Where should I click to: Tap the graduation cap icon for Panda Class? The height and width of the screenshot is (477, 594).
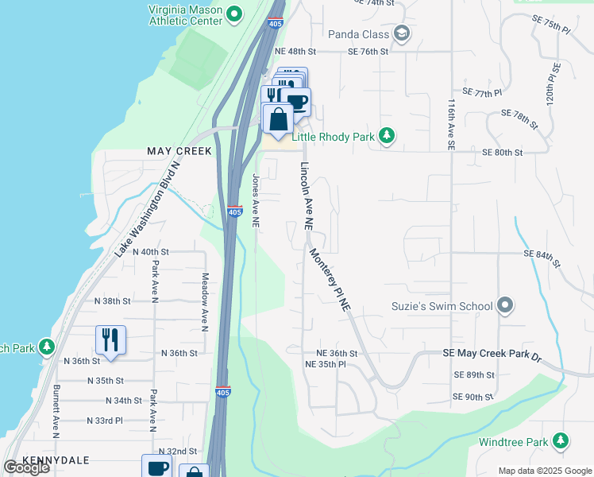click(401, 33)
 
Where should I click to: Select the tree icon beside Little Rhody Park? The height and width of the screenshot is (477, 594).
click(387, 137)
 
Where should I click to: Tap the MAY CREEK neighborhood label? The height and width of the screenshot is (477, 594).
click(179, 151)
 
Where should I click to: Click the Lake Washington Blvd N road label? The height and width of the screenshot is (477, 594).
click(149, 207)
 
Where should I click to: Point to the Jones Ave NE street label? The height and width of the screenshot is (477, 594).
click(256, 202)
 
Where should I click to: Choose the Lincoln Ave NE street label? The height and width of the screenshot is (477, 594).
click(306, 196)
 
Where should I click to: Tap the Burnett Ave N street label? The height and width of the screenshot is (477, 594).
click(56, 412)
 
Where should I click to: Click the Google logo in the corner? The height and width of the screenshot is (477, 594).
click(26, 467)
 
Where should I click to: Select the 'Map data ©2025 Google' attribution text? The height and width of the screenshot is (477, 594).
click(544, 471)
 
